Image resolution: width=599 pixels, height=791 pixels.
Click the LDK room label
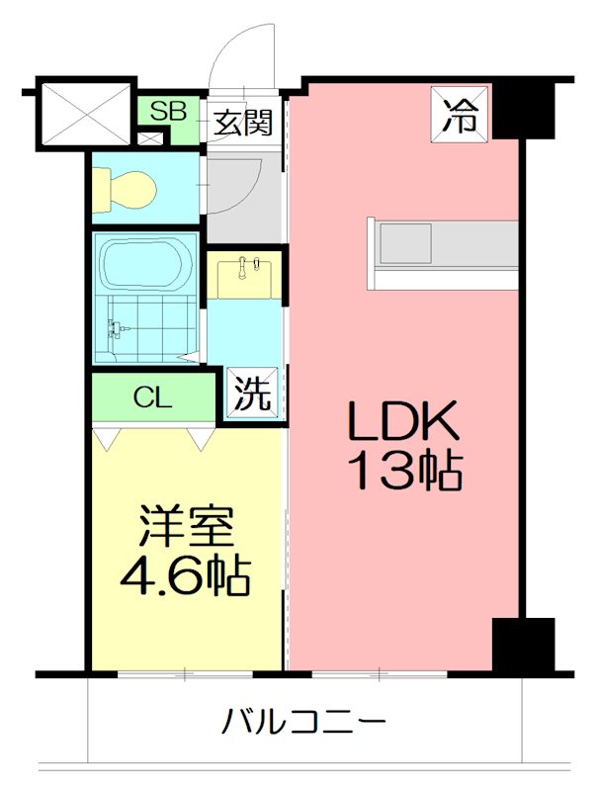pyautogui.click(x=402, y=423)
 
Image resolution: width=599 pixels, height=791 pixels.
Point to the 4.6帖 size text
pyautogui.click(x=184, y=575)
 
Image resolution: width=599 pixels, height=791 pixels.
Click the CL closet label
pyautogui.click(x=153, y=398)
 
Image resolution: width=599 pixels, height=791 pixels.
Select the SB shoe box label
pyautogui.click(x=168, y=111)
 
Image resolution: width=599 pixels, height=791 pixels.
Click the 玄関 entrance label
pyautogui.click(x=242, y=126)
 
